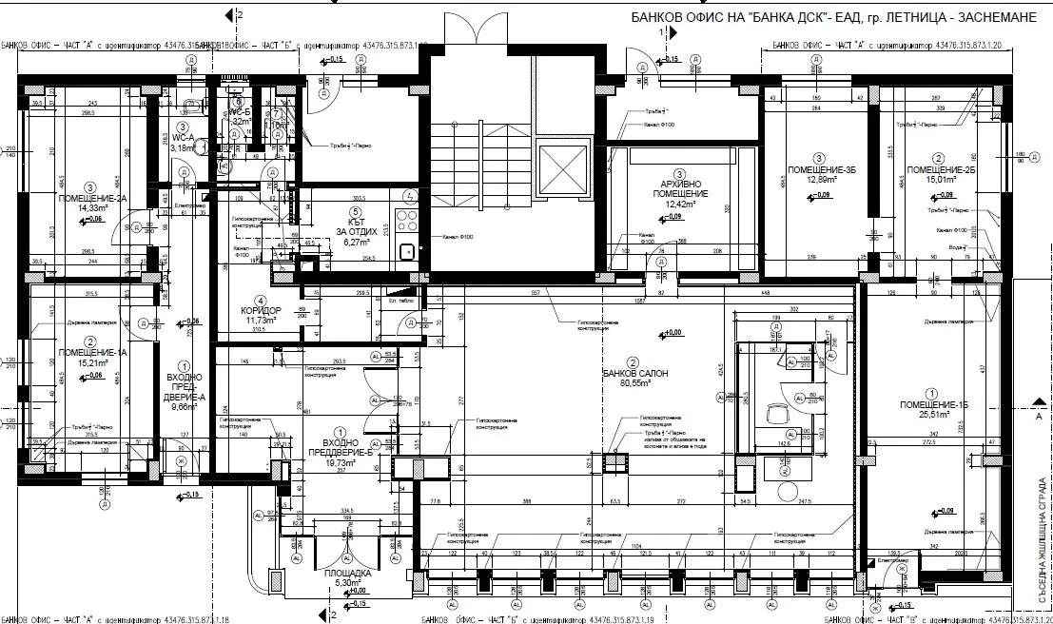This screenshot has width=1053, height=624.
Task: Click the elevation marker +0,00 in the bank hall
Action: [673, 333]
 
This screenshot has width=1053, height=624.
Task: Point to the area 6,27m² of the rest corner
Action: [356, 242]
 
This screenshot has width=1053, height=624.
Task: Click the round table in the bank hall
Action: [788, 491]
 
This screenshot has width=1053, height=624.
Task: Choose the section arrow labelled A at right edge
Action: [1038, 417]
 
